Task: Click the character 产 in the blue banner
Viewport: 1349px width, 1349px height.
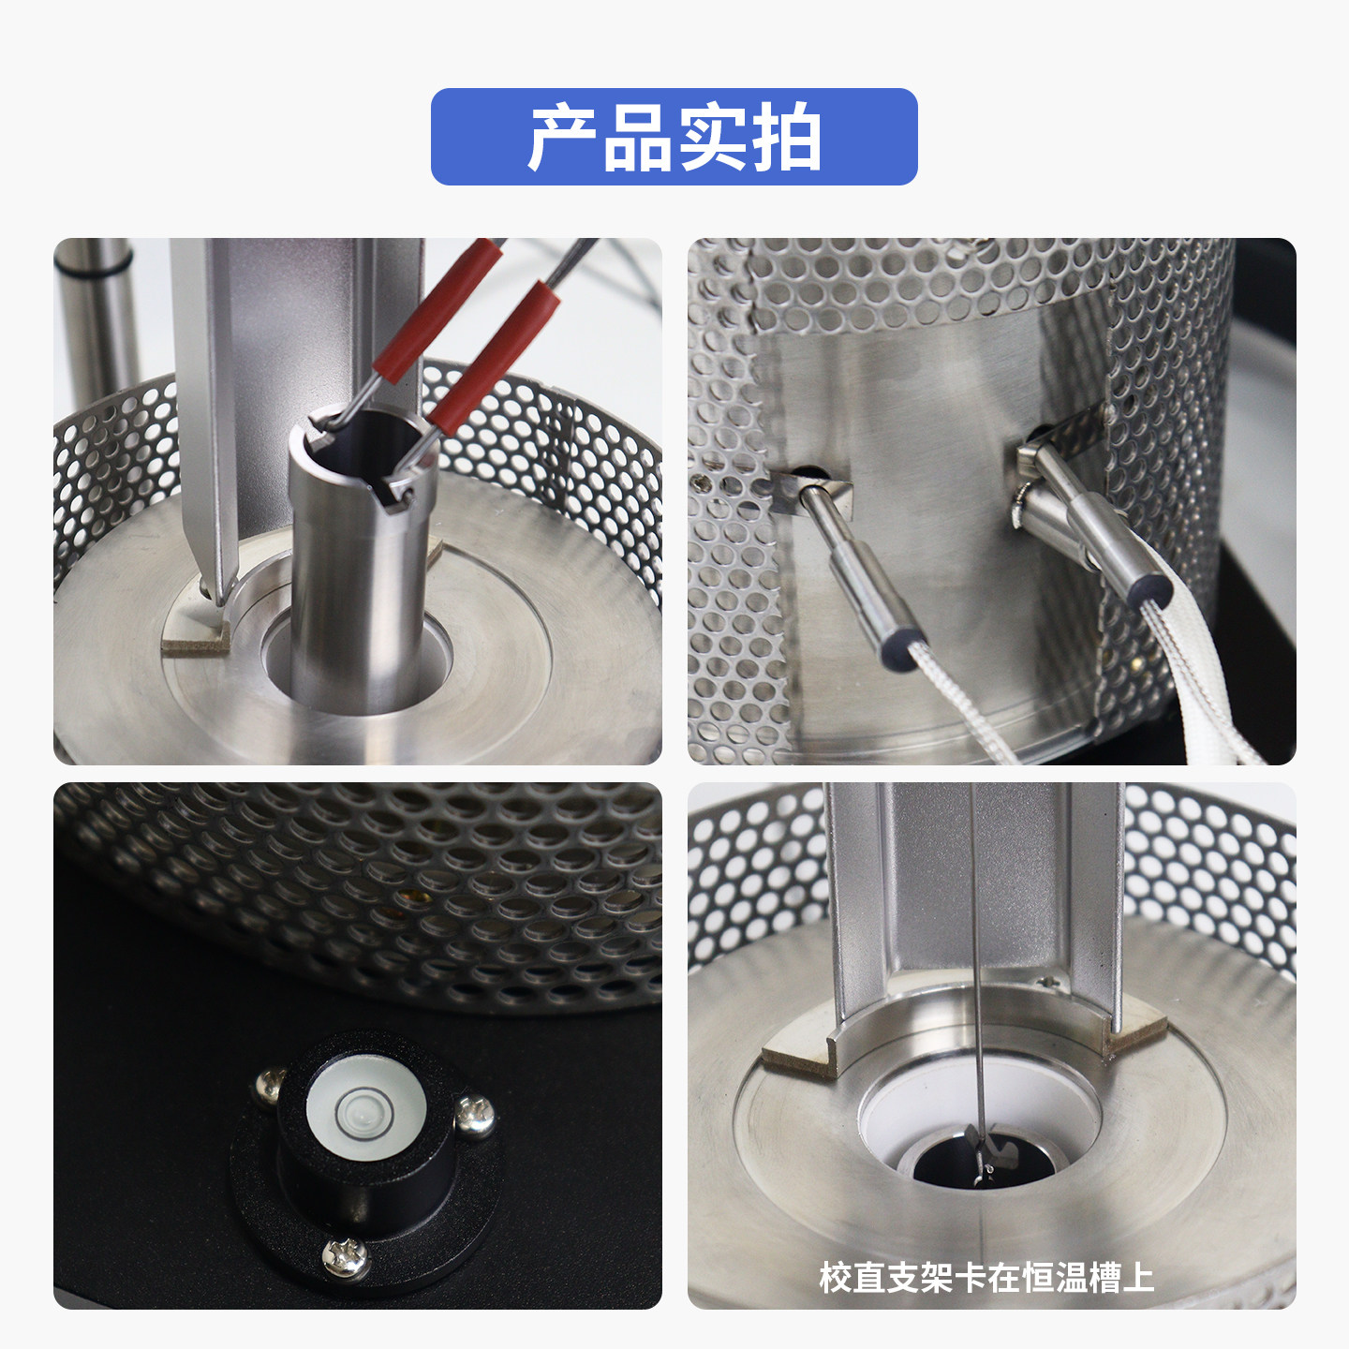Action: click(563, 137)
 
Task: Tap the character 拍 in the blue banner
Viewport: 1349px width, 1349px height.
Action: click(784, 137)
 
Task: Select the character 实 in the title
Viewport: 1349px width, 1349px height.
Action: click(710, 137)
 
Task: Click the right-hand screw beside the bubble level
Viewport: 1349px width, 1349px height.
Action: click(475, 1118)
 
